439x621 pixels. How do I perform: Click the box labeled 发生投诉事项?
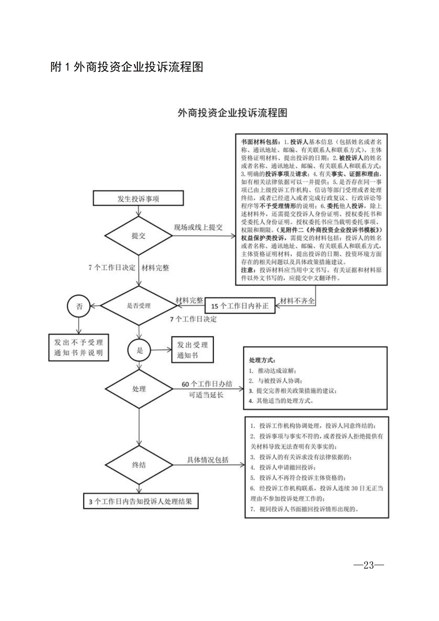click(x=138, y=198)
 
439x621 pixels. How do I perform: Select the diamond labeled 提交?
click(x=138, y=235)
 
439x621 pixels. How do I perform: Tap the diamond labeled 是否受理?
click(x=138, y=306)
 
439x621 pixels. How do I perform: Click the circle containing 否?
click(x=79, y=306)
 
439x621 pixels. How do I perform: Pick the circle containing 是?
click(x=139, y=350)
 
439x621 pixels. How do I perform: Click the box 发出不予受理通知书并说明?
click(x=78, y=348)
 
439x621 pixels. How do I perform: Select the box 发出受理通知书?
click(x=192, y=350)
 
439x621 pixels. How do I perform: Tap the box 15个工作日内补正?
click(x=240, y=306)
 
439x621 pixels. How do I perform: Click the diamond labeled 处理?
click(x=139, y=389)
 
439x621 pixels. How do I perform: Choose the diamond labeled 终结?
click(x=139, y=465)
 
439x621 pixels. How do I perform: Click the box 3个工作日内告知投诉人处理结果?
click(x=141, y=501)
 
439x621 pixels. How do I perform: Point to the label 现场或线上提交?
click(x=198, y=227)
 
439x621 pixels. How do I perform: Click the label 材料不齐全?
click(x=297, y=301)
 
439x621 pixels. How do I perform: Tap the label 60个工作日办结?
click(x=207, y=384)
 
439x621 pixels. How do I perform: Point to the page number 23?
click(x=368, y=565)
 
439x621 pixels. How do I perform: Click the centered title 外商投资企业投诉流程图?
click(x=232, y=113)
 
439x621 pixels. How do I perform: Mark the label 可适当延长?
click(x=206, y=395)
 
